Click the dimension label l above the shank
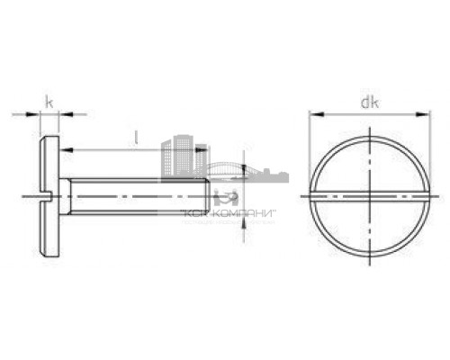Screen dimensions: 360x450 (x=135, y=137)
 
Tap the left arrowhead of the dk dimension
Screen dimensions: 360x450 (x=314, y=114)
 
